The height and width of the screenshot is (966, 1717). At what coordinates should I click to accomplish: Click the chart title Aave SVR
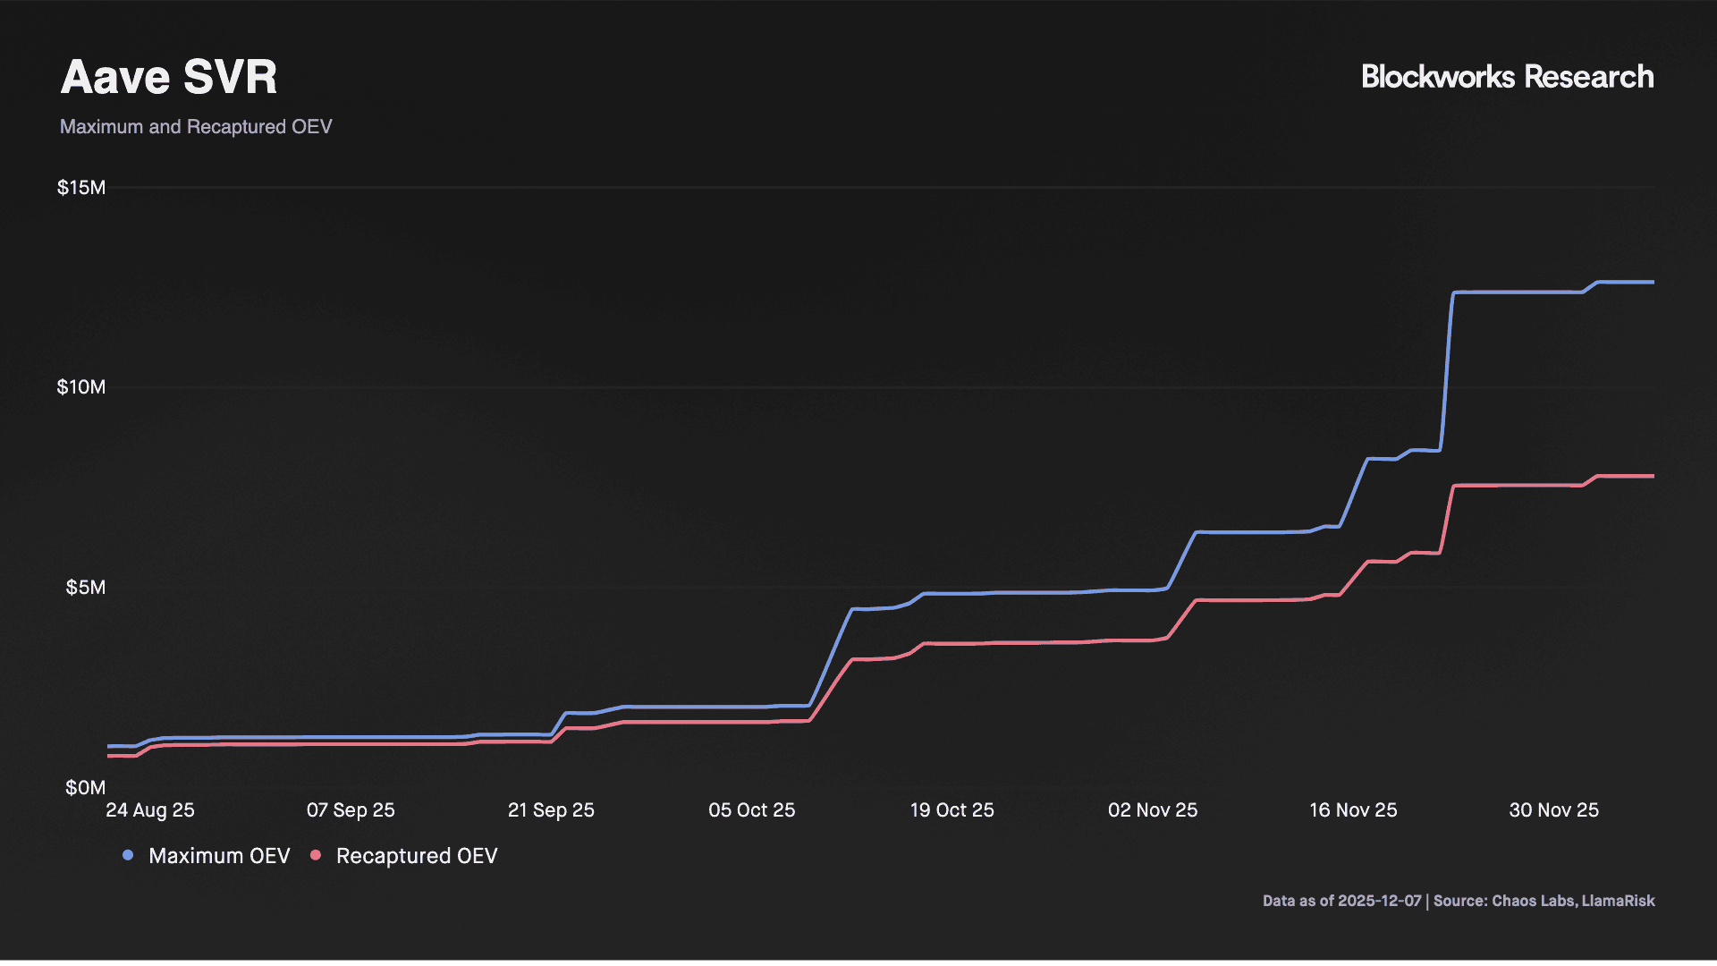tap(169, 77)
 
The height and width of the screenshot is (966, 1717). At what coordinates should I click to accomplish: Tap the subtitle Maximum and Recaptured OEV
tap(196, 127)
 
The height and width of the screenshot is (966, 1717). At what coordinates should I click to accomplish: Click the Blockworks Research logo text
tap(1507, 77)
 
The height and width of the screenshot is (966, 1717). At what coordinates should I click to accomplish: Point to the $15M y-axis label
tap(81, 188)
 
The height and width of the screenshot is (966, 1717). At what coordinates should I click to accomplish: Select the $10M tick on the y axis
tap(81, 387)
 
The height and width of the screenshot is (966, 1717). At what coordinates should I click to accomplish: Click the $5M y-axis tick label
tap(86, 588)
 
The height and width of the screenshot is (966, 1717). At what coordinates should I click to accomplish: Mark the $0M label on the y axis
tap(86, 788)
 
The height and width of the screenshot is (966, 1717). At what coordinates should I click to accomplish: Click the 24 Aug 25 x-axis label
tap(150, 810)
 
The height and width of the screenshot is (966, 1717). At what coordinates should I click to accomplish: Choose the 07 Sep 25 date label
tap(351, 810)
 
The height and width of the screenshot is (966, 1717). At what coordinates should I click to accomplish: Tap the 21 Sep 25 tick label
tap(551, 810)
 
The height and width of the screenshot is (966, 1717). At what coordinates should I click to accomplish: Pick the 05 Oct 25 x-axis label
tap(751, 810)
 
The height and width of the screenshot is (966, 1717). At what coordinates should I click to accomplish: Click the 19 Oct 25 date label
tap(952, 810)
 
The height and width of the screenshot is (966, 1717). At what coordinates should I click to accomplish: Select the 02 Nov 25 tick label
tap(1152, 810)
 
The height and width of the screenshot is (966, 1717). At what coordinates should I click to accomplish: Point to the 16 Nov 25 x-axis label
tap(1353, 810)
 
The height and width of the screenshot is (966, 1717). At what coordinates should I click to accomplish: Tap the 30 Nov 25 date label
tap(1553, 810)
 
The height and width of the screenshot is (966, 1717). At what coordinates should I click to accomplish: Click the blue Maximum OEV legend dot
tap(128, 856)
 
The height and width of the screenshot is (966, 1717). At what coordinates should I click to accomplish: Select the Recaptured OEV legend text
tap(417, 856)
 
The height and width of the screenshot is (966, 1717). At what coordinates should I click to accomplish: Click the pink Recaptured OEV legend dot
tap(316, 856)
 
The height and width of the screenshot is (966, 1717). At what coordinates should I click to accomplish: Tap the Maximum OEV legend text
tap(219, 856)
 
